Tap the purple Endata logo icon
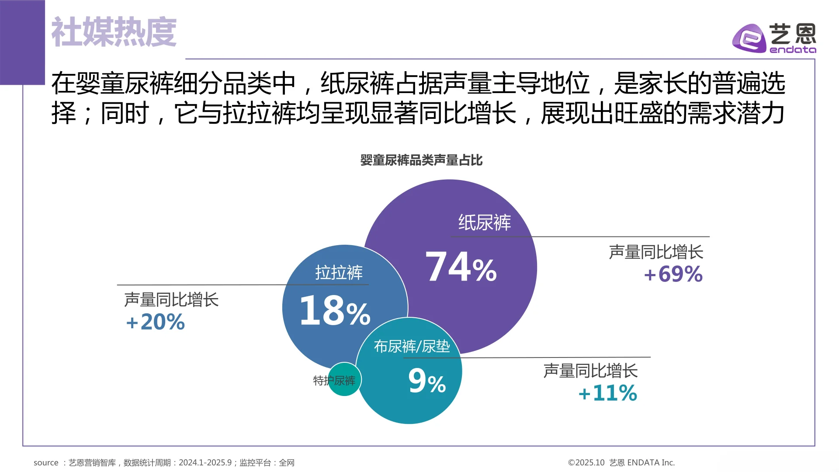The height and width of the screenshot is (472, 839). pyautogui.click(x=749, y=38)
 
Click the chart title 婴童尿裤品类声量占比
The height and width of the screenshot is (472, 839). pyautogui.click(x=421, y=160)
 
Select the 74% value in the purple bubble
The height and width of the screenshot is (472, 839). pyautogui.click(x=461, y=267)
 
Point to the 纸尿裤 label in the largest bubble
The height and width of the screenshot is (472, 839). pyautogui.click(x=485, y=222)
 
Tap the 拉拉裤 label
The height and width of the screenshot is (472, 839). pyautogui.click(x=339, y=273)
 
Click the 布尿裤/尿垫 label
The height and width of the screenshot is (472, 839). pyautogui.click(x=412, y=347)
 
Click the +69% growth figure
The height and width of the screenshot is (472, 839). pyautogui.click(x=673, y=274)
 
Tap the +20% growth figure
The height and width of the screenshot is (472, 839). pyautogui.click(x=156, y=323)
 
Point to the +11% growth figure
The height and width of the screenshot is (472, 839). pyautogui.click(x=607, y=393)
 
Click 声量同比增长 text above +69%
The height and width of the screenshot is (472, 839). pyautogui.click(x=656, y=252)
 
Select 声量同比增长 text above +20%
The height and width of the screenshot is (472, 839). pyautogui.click(x=171, y=300)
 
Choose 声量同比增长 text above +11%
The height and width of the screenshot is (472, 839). pyautogui.click(x=590, y=371)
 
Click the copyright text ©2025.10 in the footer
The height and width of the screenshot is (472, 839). pyautogui.click(x=586, y=462)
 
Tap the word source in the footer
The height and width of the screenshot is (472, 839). pyautogui.click(x=46, y=462)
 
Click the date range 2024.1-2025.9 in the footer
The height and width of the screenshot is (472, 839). pyautogui.click(x=205, y=462)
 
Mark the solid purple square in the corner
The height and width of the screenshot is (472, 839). pyautogui.click(x=22, y=42)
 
